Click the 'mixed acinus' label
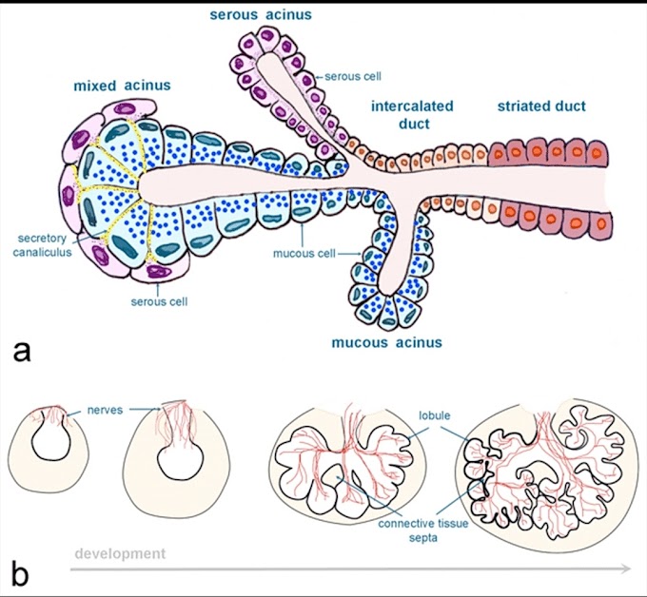[122, 86]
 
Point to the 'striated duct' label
[541, 106]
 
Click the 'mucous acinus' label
[386, 342]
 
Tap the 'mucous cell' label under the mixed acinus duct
[301, 254]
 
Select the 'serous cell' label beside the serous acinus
[353, 77]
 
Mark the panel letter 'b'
[21, 572]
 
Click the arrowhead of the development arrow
[625, 568]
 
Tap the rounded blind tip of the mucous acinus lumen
[388, 284]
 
